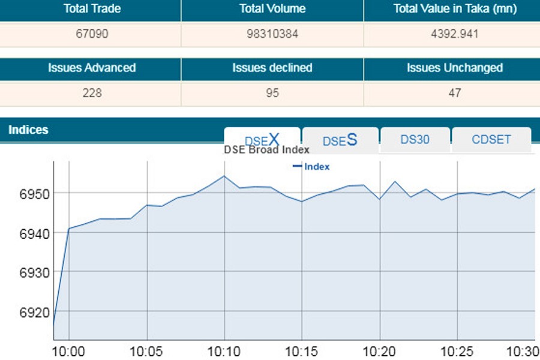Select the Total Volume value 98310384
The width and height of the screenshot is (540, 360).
tap(272, 34)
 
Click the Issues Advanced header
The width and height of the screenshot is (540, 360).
tap(92, 68)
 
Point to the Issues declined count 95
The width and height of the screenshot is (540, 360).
tap(272, 93)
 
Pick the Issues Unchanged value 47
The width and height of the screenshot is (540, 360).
tap(454, 93)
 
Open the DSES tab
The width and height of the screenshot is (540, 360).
tap(340, 140)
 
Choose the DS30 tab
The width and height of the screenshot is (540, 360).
tap(415, 139)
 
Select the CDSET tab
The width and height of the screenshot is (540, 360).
tap(491, 139)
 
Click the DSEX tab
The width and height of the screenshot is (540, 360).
tap(262, 140)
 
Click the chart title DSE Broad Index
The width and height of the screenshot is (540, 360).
tap(266, 150)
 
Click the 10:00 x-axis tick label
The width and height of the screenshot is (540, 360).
tap(69, 350)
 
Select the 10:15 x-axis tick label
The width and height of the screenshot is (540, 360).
tap(302, 350)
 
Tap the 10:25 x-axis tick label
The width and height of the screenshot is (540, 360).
tap(457, 350)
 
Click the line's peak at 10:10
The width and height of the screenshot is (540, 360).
tap(224, 176)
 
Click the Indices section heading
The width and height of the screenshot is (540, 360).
tap(28, 130)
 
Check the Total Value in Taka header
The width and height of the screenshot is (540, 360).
tap(454, 9)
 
